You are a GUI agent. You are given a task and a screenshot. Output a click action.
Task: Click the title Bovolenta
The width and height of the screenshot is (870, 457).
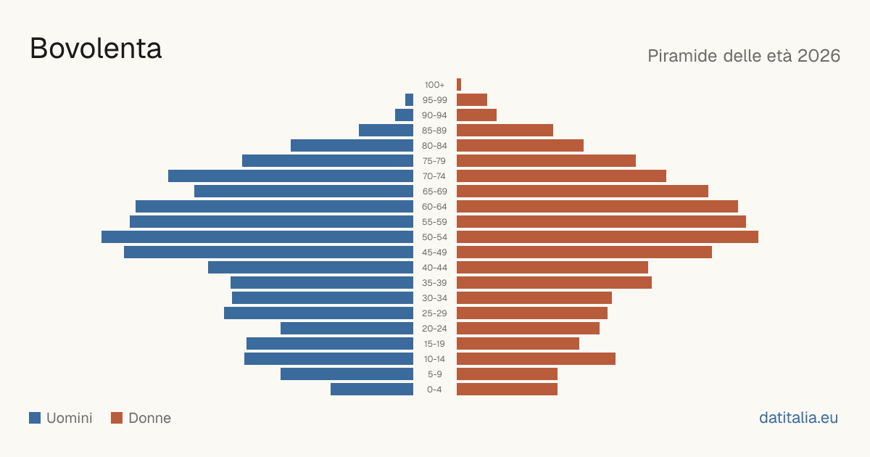[x=96, y=49]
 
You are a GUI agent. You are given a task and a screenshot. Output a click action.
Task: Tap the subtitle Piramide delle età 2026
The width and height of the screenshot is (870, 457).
[x=744, y=56]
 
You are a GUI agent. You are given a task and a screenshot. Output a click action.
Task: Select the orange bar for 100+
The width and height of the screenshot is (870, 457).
[x=459, y=84]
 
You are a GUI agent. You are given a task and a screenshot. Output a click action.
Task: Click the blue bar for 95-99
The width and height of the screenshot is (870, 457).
[x=409, y=99]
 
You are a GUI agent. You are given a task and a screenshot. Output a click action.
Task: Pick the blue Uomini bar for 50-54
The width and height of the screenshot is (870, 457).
[x=257, y=236]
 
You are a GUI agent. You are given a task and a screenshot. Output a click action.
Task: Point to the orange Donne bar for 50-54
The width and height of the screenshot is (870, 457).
[x=608, y=236]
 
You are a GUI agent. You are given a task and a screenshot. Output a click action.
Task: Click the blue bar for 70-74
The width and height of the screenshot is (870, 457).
[x=291, y=176]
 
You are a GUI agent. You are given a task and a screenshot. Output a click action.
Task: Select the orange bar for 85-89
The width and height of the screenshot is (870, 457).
[x=505, y=130]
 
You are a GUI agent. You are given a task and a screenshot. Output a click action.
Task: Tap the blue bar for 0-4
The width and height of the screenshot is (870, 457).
[x=372, y=389]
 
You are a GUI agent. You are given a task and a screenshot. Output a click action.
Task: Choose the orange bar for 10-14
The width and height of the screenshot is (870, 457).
[x=536, y=358]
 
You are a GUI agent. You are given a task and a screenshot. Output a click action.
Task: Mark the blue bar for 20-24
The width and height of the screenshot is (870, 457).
[x=347, y=328]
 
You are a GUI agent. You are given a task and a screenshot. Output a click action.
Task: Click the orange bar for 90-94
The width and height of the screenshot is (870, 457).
[x=476, y=115]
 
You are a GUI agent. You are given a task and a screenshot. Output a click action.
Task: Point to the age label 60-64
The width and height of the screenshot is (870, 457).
[x=434, y=206]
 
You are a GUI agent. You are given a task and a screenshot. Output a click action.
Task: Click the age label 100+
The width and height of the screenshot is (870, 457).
[x=434, y=85]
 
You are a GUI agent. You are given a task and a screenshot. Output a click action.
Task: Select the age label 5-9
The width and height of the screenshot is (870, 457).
[x=434, y=374]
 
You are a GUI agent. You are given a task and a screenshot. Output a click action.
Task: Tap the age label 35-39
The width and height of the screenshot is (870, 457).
[x=434, y=282]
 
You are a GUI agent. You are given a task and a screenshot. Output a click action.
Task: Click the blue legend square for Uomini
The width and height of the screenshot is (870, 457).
[x=35, y=418]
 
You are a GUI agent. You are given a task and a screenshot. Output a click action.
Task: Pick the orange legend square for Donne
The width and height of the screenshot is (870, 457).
[x=117, y=418]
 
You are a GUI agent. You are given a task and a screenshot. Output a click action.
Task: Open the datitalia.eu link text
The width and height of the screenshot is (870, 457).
[x=798, y=418]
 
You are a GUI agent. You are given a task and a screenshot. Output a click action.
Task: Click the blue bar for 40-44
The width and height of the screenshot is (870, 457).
[x=311, y=268]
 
